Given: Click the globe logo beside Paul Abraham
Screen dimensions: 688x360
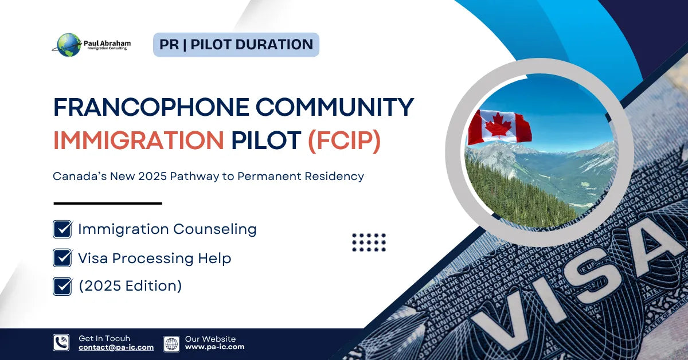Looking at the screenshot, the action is (x=69, y=45).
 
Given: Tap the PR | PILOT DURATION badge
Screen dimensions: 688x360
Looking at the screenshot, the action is (x=236, y=45).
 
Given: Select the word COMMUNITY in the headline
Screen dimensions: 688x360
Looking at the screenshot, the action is (x=335, y=107).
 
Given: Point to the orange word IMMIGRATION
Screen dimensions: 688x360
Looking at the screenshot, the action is (x=139, y=140).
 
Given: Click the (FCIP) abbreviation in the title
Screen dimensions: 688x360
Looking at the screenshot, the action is (x=345, y=141).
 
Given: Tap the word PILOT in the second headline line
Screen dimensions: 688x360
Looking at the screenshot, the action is (x=266, y=140).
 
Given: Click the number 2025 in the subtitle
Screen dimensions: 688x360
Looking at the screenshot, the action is (x=153, y=177).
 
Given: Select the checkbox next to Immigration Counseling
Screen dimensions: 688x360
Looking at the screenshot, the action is (x=62, y=229).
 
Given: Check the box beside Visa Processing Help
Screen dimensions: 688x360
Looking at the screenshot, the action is (x=62, y=258).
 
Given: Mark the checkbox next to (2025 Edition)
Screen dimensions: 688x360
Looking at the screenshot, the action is (x=62, y=286).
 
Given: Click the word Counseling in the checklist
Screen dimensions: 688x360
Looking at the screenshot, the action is (x=214, y=229).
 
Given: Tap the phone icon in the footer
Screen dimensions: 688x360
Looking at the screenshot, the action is (x=61, y=342).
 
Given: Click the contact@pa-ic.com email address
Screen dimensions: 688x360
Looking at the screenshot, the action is (x=116, y=347).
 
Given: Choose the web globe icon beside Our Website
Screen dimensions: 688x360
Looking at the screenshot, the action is (x=171, y=344).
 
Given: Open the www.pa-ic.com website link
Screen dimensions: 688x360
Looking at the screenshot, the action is (x=214, y=347).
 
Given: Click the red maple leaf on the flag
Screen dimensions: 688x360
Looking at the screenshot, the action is (x=498, y=126).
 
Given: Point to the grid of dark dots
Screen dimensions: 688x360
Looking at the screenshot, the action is (x=369, y=242).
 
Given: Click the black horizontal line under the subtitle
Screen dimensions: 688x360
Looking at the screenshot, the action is (x=108, y=204).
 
